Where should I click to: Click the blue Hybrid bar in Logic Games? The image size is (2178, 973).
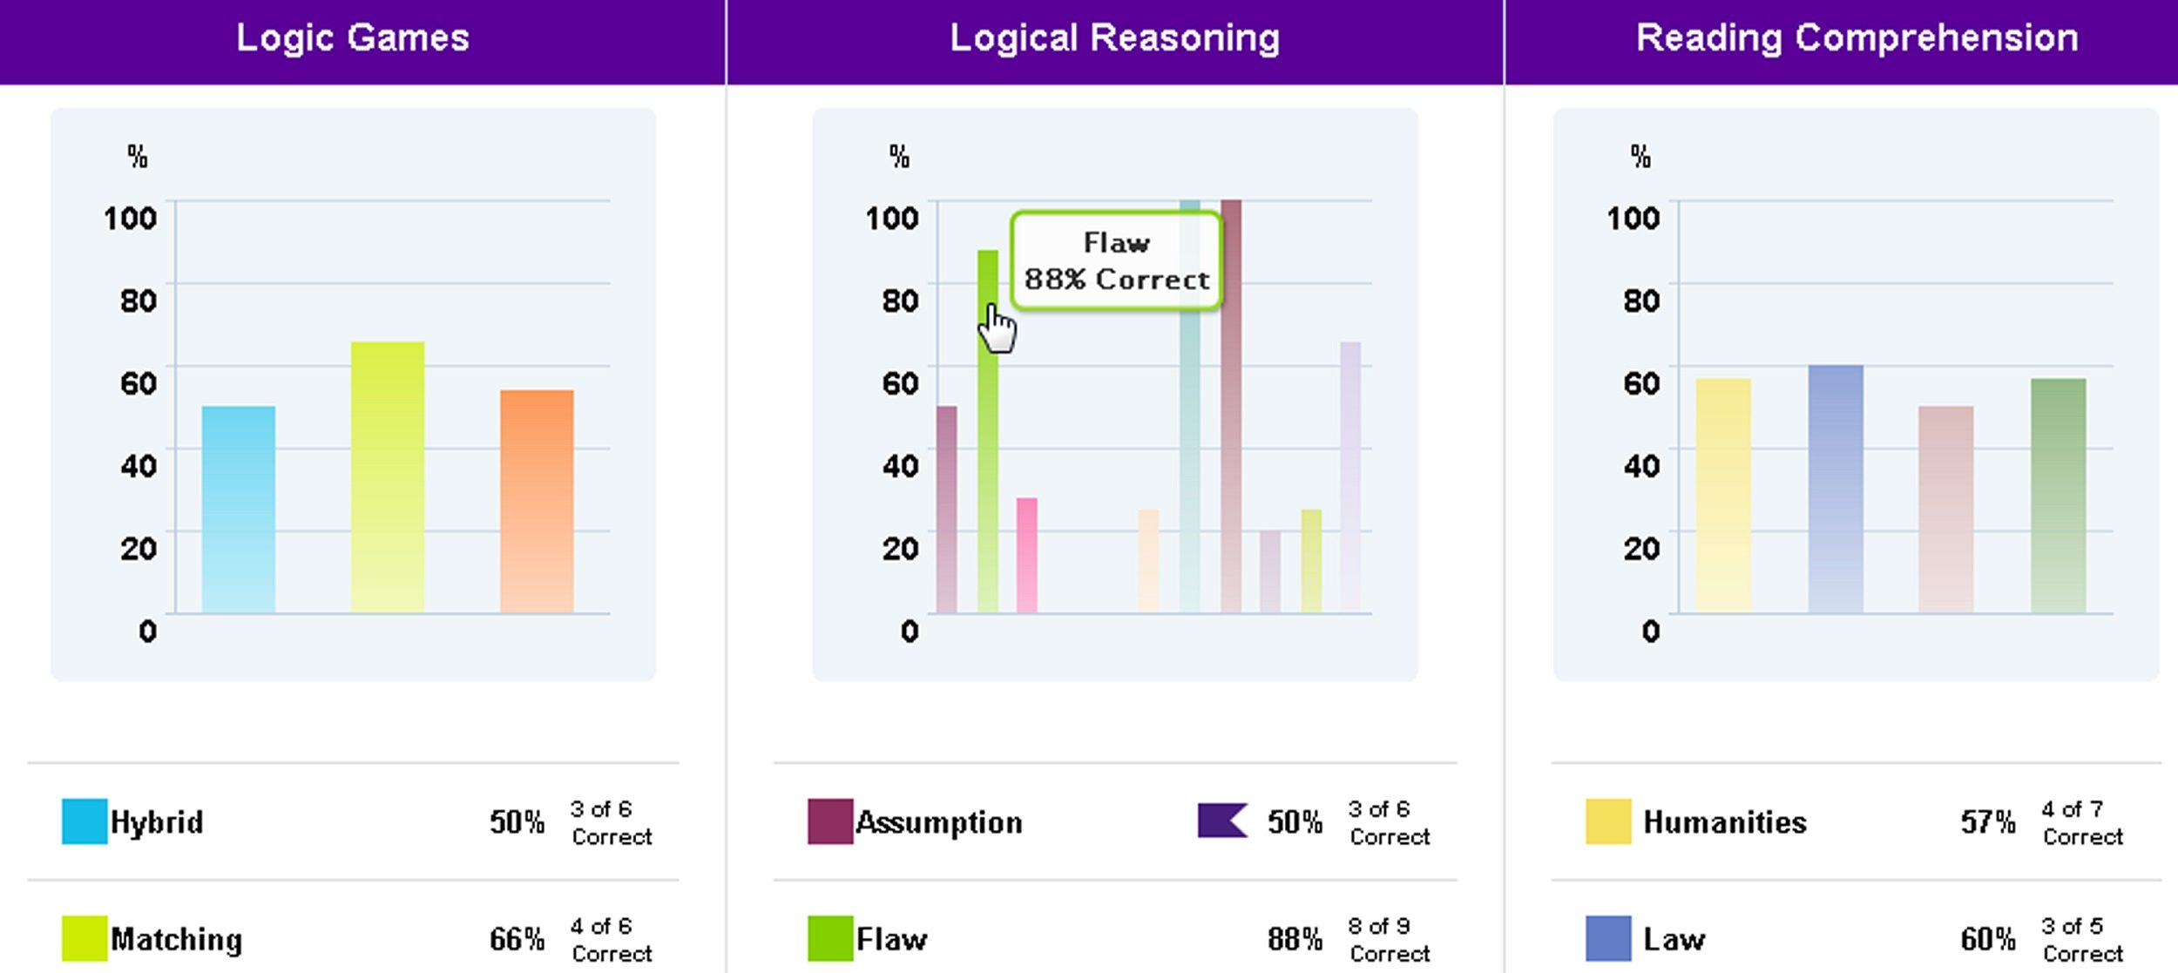238,510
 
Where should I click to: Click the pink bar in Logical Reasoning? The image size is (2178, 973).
1026,555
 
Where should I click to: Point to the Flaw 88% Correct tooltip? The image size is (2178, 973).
1116,260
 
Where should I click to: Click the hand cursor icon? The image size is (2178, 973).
997,329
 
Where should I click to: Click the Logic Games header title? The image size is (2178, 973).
353,38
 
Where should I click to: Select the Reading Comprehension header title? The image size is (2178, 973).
1857,38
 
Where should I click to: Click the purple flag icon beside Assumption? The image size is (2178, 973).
1221,821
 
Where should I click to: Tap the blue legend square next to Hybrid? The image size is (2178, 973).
85,821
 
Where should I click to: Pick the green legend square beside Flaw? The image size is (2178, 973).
829,938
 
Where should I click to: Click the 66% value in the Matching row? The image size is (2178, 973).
517,939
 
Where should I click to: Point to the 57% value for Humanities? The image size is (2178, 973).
1987,821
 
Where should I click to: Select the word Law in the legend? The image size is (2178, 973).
1674,939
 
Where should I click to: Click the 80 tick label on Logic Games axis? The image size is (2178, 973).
139,301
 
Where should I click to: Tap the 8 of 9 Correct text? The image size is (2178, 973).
1389,939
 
